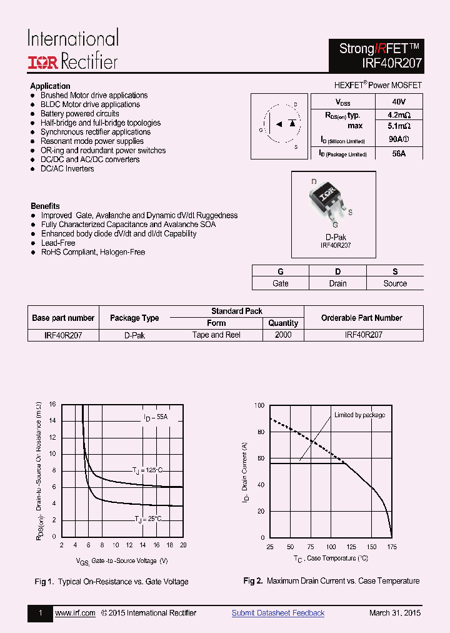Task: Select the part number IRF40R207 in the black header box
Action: coord(391,63)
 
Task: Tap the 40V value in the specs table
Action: coord(399,101)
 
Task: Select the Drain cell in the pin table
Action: coord(337,283)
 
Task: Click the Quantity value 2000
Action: coord(283,335)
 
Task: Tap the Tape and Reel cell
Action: coord(216,335)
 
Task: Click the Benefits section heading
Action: coord(45,206)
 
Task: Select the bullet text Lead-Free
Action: coord(58,243)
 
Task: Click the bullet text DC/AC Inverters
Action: coord(67,169)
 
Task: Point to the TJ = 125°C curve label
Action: coord(147,469)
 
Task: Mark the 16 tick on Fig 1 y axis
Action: coord(52,404)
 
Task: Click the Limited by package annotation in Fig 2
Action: coord(359,415)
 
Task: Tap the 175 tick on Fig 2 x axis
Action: coord(392,547)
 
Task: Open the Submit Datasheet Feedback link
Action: coord(278,613)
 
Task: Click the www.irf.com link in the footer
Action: coord(75,613)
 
